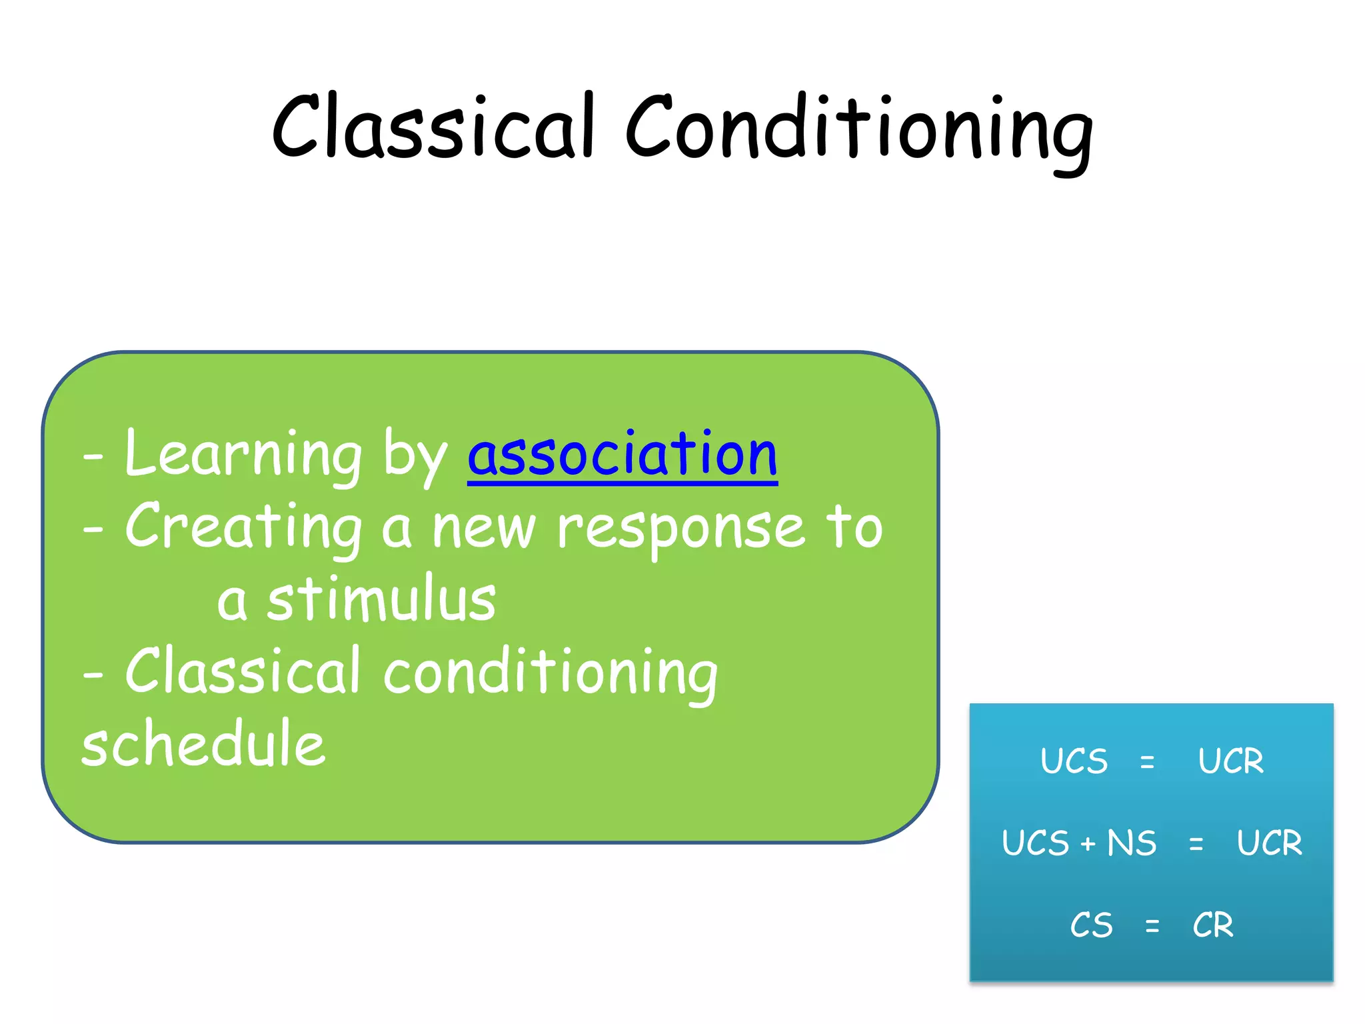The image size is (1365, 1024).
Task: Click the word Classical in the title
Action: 433,127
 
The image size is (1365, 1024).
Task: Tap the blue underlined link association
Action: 623,455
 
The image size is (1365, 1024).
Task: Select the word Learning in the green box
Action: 243,455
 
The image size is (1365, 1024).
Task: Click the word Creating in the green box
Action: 243,528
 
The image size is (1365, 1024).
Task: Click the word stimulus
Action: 381,600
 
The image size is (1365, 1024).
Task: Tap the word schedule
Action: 203,744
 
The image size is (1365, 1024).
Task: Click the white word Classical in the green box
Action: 243,672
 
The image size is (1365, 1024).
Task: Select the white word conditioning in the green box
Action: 551,673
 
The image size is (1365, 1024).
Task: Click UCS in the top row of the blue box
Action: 1074,761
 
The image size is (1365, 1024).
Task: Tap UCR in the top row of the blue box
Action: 1230,761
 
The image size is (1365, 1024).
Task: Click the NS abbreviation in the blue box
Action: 1132,843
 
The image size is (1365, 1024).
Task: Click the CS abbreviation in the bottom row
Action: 1091,925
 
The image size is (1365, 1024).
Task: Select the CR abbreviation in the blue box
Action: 1212,925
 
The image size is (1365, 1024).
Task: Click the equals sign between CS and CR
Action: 1152,926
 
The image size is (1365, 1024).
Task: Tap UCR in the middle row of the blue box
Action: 1269,843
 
